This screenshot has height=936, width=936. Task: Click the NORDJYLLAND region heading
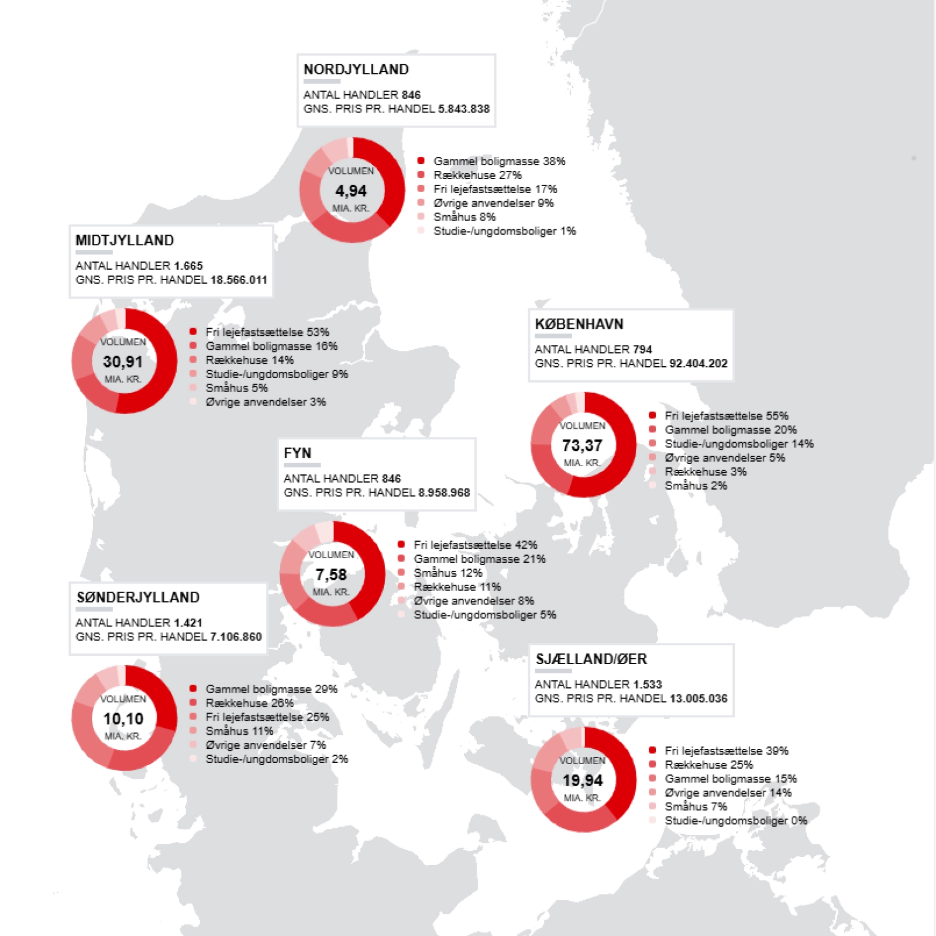[x=356, y=70]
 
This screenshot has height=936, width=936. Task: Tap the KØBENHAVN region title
[x=579, y=324]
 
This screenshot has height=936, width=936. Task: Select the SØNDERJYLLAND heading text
[x=137, y=597]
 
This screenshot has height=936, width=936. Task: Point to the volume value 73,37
[x=582, y=446]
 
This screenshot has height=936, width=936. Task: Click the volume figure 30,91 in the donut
[x=123, y=362]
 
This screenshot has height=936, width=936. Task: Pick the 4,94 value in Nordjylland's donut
[x=351, y=191]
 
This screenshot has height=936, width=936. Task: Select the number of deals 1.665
[x=188, y=266]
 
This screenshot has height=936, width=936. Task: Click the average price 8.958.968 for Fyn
[x=444, y=493]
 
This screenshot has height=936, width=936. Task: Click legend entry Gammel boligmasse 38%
[x=499, y=161]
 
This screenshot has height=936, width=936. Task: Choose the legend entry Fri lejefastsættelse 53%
[x=267, y=332]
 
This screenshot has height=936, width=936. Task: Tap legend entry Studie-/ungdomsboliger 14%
[x=739, y=444]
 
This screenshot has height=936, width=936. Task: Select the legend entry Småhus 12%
[x=448, y=573]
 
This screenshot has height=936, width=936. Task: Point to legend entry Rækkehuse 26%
[x=250, y=703]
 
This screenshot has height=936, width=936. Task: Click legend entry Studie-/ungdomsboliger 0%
[x=736, y=821]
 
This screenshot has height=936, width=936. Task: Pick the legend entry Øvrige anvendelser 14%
[x=728, y=793]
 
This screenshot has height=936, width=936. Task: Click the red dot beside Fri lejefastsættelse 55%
[x=652, y=415]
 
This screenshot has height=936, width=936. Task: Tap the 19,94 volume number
[x=582, y=780]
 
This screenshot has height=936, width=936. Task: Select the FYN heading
[x=297, y=453]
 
